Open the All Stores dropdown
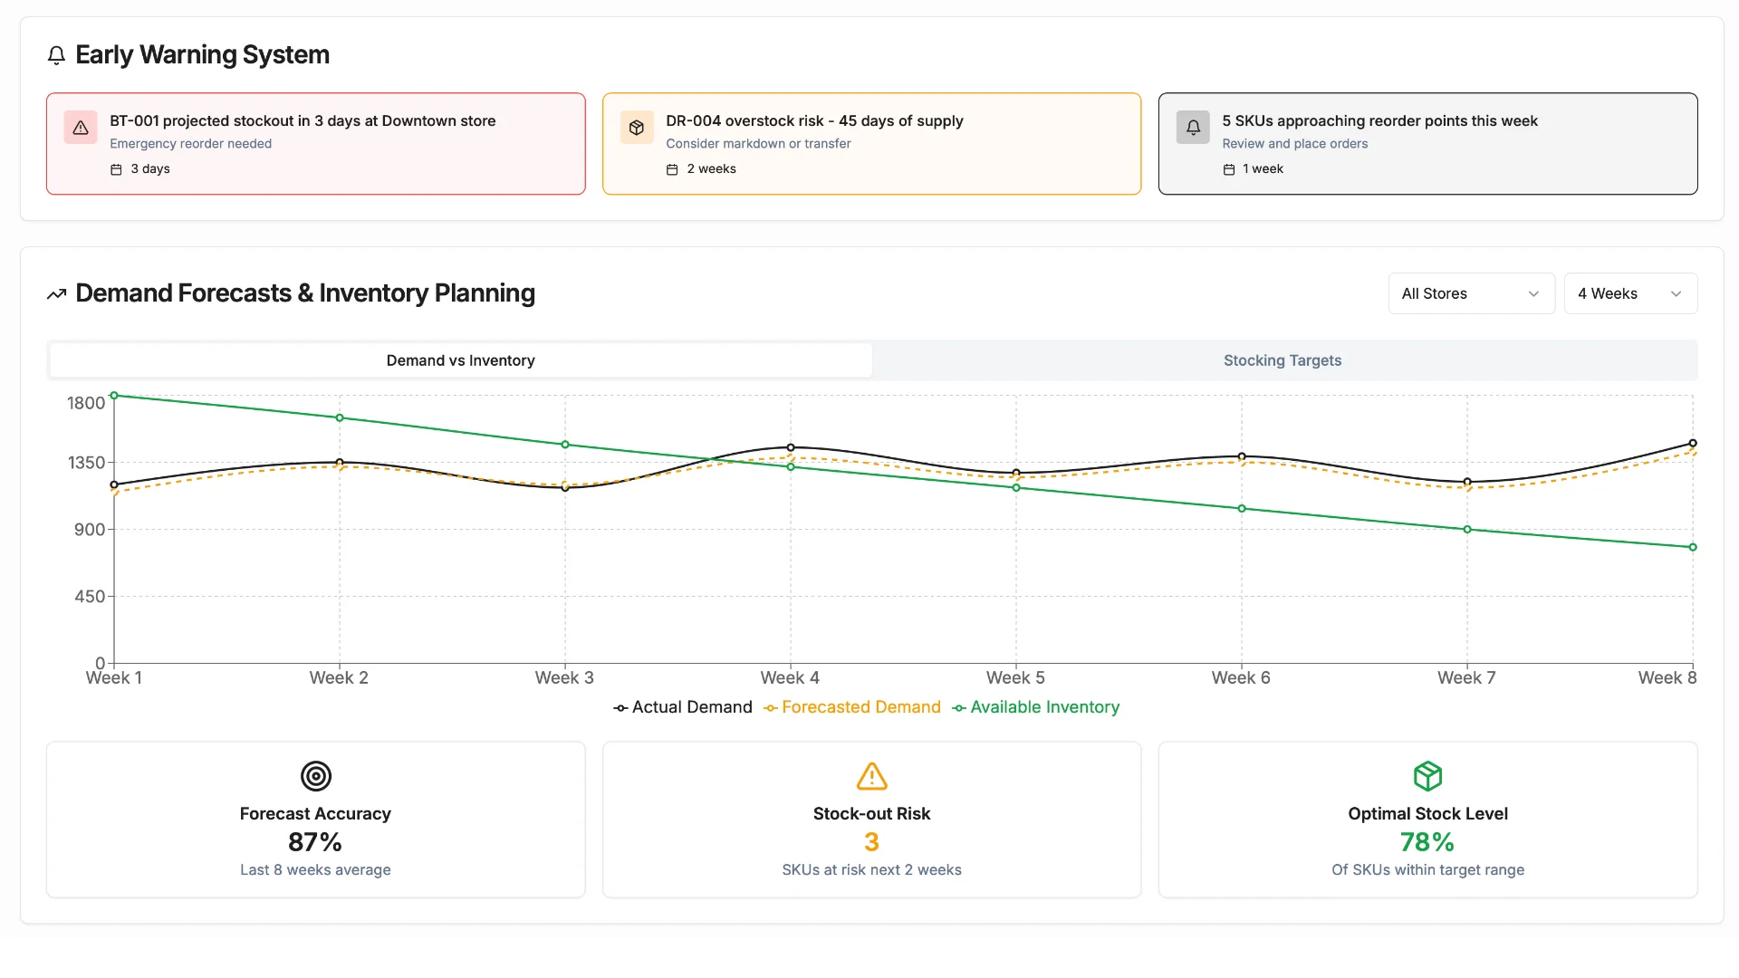click(1470, 293)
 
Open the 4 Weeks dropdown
click(1629, 293)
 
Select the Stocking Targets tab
click(1282, 360)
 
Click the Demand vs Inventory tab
click(460, 360)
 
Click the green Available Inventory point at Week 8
click(1692, 547)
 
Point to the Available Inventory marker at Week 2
click(340, 417)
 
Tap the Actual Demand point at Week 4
click(791, 447)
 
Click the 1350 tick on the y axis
click(87, 463)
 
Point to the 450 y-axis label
click(90, 597)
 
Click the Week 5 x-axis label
click(1014, 678)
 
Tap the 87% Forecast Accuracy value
click(315, 842)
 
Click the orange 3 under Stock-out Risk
click(871, 842)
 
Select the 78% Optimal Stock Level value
click(1427, 842)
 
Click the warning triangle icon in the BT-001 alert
click(81, 128)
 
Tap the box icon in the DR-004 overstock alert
click(637, 128)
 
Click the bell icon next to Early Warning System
click(56, 55)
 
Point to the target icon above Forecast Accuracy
click(315, 776)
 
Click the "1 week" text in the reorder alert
click(1263, 169)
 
